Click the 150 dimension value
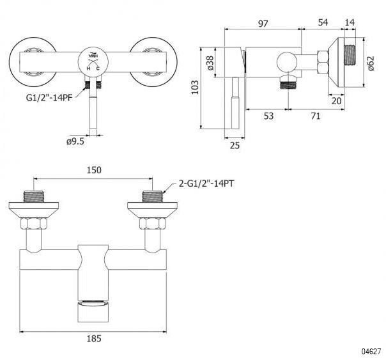[x=93, y=170]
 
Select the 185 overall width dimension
[x=93, y=341]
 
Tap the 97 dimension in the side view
[x=263, y=23]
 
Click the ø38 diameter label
[x=210, y=62]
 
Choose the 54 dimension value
[x=323, y=23]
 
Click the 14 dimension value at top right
[x=350, y=23]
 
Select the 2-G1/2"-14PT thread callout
[x=206, y=183]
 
